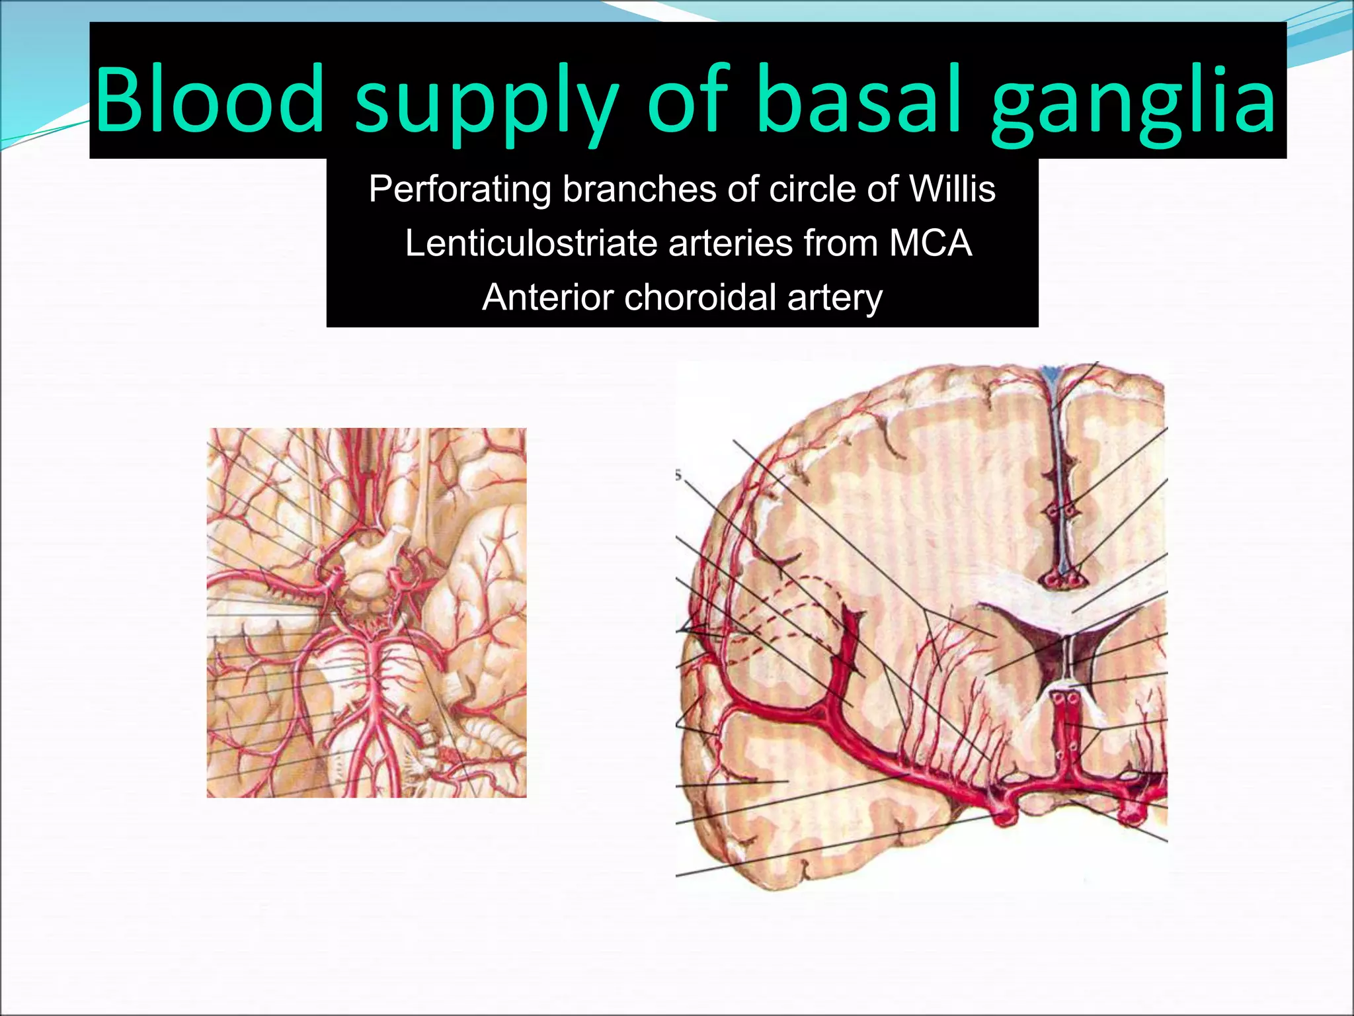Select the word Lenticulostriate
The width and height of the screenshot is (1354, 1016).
(x=531, y=243)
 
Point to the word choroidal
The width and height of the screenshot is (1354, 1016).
(x=699, y=297)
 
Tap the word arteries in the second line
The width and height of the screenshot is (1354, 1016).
(x=731, y=243)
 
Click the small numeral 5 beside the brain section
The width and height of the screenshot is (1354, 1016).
(x=678, y=475)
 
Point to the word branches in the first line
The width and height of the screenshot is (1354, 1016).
(x=640, y=189)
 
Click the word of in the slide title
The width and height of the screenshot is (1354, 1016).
(x=688, y=99)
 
